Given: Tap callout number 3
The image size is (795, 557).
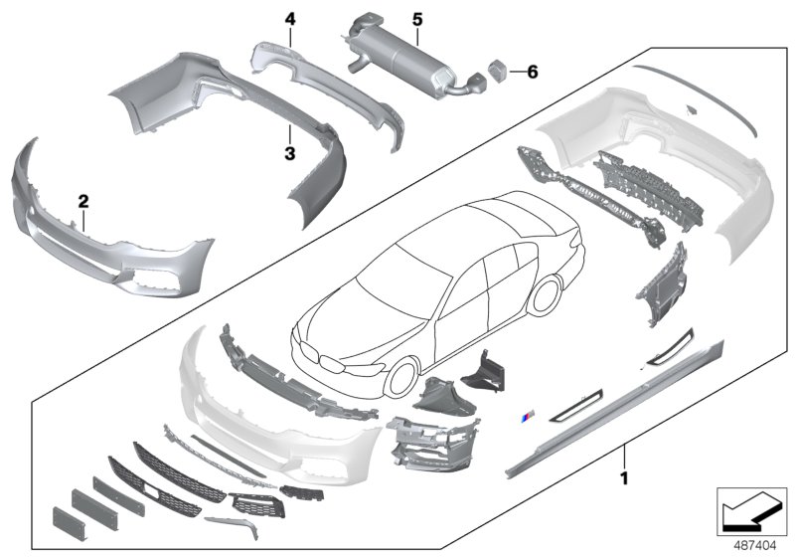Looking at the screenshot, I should [289, 153].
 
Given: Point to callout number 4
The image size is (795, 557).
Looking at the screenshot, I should [289, 19].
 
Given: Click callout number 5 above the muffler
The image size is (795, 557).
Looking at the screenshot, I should [417, 19].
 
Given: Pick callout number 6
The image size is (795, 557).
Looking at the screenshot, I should [532, 72].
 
